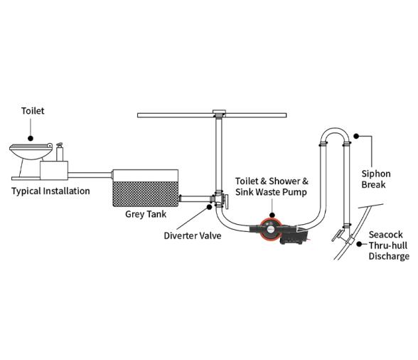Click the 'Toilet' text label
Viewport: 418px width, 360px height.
tap(33, 112)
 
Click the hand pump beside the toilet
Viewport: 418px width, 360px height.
tap(60, 153)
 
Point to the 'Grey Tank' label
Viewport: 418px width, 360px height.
tap(145, 213)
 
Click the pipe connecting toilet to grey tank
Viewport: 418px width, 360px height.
tap(90, 173)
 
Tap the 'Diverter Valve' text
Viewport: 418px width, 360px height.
tap(192, 235)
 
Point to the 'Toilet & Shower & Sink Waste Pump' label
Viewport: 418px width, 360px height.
tap(272, 186)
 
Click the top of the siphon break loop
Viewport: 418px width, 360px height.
tap(333, 130)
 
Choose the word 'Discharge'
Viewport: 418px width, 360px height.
tap(388, 256)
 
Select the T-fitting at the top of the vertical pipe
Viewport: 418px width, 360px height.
tap(220, 113)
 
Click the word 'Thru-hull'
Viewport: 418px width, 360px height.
tap(388, 245)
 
